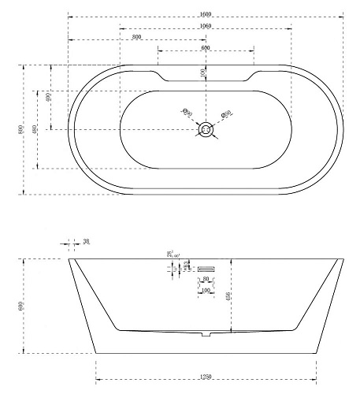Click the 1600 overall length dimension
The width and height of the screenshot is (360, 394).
click(206, 14)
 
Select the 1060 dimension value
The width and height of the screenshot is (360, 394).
click(206, 26)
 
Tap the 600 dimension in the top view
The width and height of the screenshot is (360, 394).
click(206, 49)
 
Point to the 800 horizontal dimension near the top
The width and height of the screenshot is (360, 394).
click(137, 37)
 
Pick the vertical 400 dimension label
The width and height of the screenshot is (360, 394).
click(49, 98)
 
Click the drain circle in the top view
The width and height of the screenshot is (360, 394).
click(206, 128)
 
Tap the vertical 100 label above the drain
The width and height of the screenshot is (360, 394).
click(203, 72)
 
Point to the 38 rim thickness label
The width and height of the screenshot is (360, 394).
click(86, 243)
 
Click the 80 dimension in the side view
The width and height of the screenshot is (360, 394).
click(206, 279)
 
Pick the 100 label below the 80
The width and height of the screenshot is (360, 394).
click(206, 291)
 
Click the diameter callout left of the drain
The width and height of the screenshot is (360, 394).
click(188, 113)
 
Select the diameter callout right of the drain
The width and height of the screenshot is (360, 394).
click(225, 114)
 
